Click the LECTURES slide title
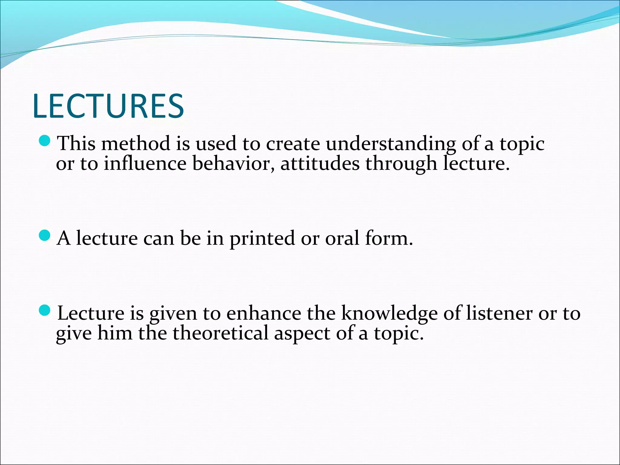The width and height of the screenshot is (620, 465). coord(108,106)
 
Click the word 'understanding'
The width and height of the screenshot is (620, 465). coord(391,143)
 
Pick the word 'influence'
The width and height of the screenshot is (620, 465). coord(145,164)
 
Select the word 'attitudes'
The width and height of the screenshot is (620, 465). coord(320,164)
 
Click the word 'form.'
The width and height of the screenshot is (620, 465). coord(389,238)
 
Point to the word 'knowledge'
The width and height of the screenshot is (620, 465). coord(389,314)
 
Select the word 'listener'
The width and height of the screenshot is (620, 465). coord(499,313)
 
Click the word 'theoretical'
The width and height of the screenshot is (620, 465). coord(220,333)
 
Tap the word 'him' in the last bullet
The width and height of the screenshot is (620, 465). coord(115,333)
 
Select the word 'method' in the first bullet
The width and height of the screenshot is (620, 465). coord(136,143)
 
